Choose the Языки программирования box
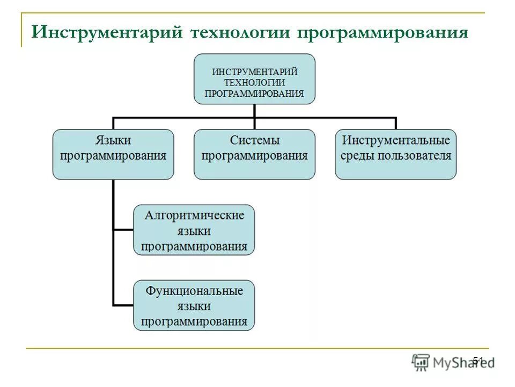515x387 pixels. point(113,154)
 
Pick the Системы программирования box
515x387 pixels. point(254,154)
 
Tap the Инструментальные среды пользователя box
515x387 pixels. point(396,154)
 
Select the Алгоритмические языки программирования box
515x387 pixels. point(194,230)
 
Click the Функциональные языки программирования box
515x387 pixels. point(194,305)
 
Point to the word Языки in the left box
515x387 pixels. point(113,141)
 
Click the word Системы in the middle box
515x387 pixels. point(255,141)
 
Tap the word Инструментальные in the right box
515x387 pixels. point(396,141)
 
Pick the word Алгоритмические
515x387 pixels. point(194,216)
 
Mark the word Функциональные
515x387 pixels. point(194,291)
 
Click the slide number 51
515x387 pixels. point(478,361)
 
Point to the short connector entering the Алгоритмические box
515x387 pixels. point(123,230)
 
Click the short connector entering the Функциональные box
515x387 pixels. point(123,305)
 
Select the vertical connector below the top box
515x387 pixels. point(254,110)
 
